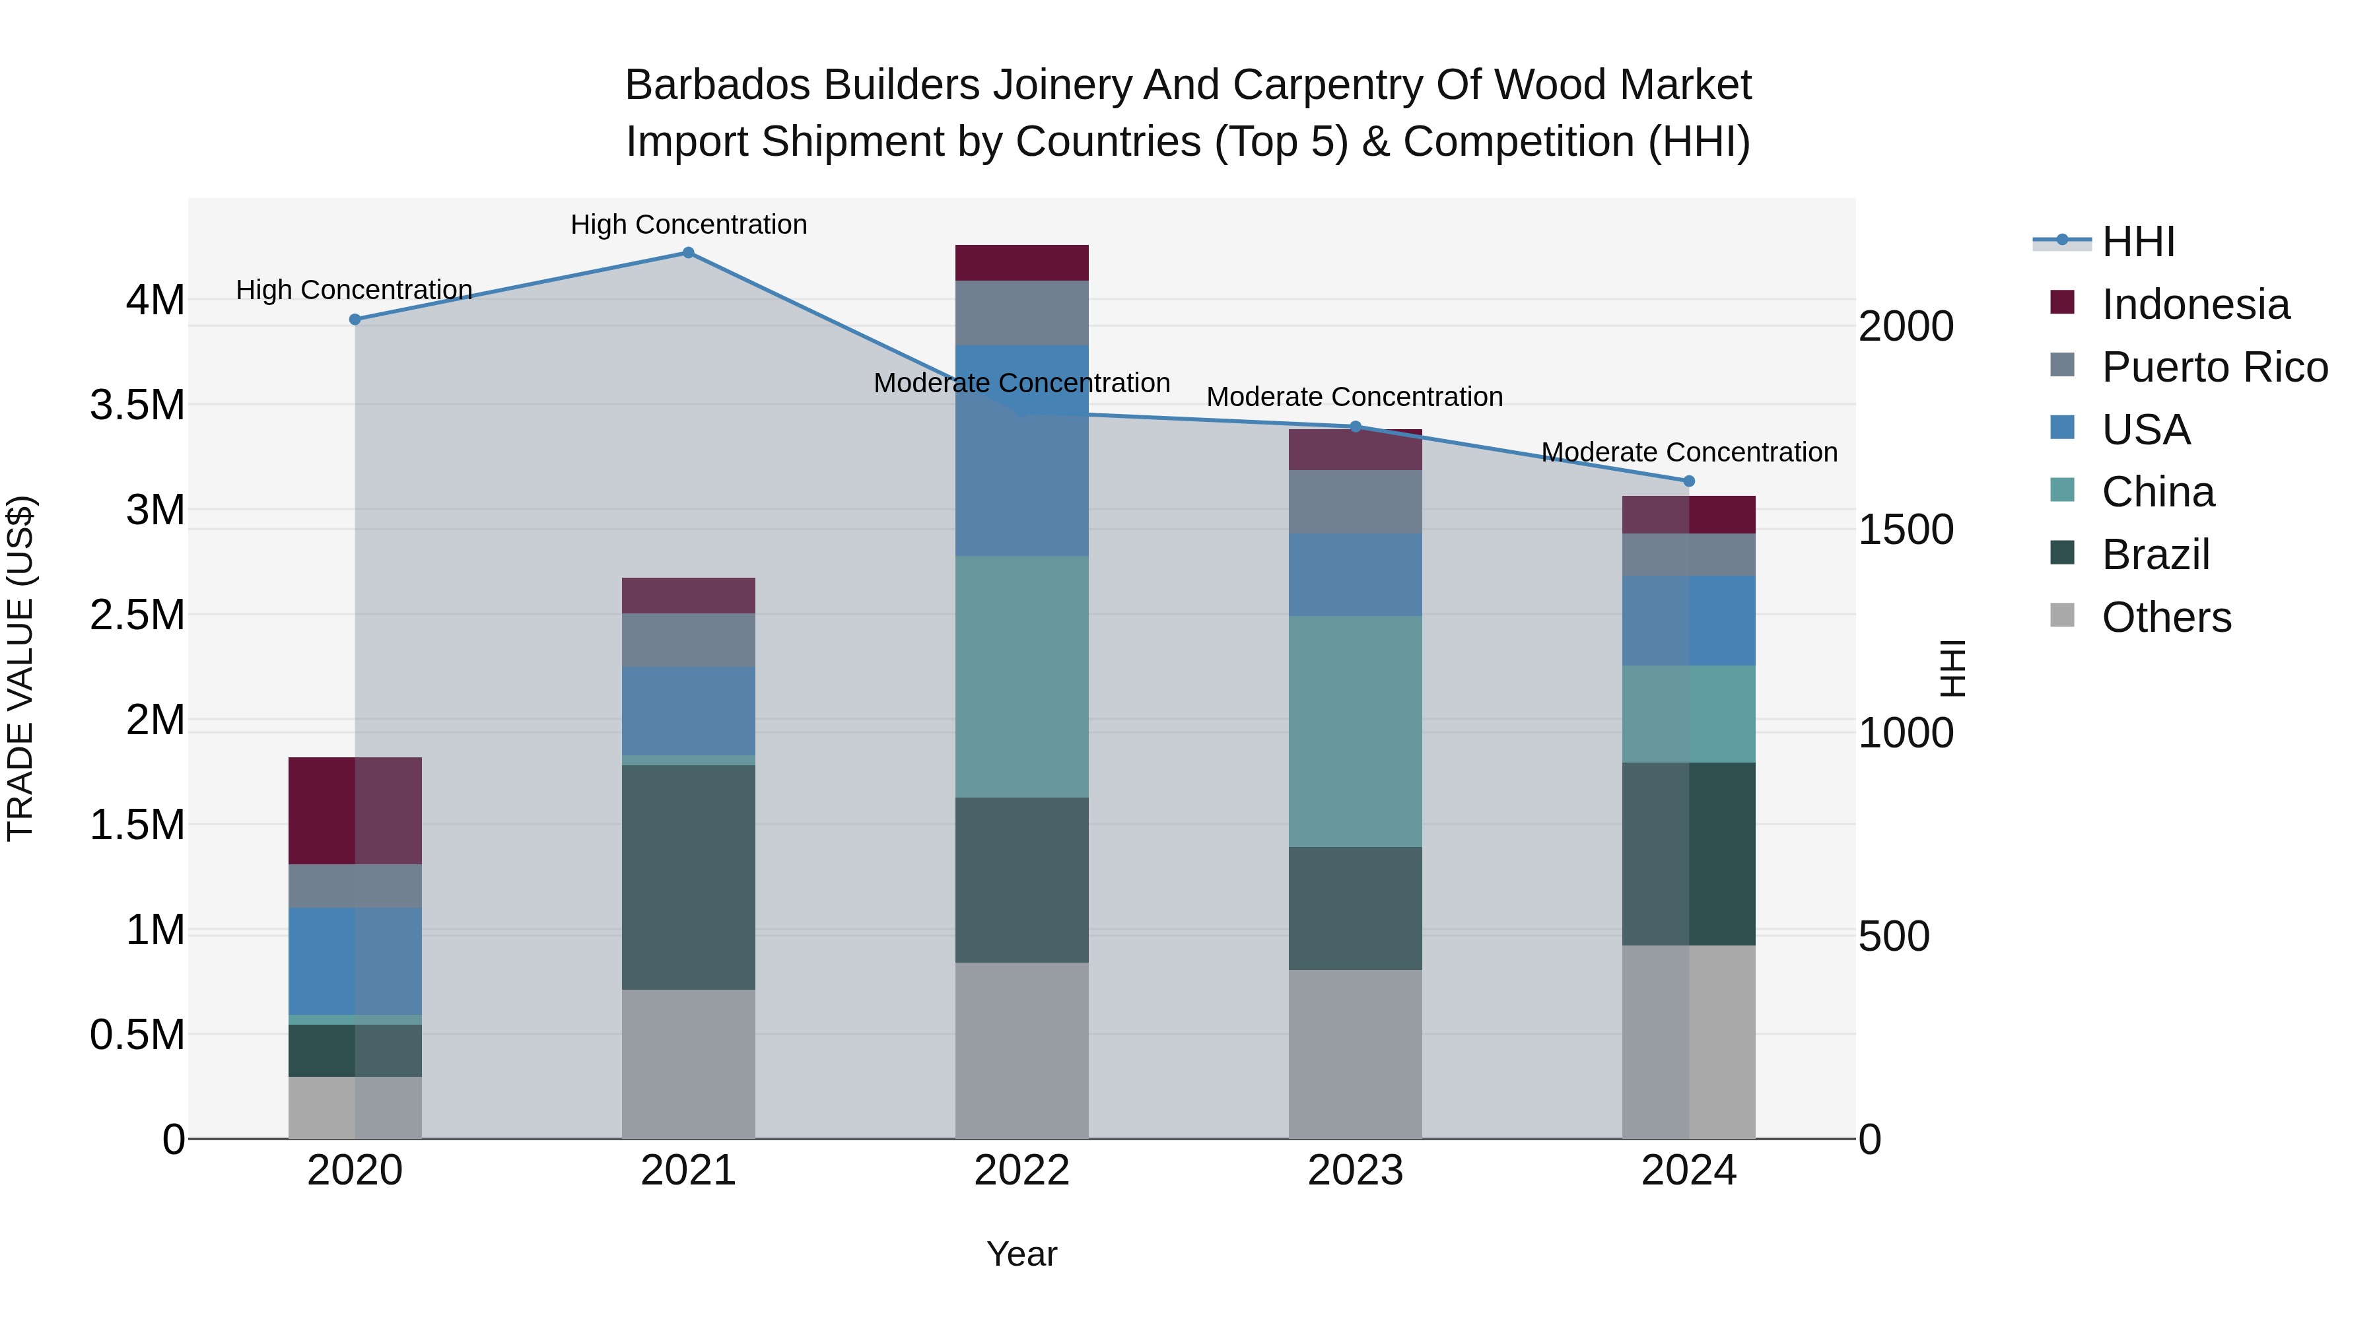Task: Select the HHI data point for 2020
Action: [x=355, y=320]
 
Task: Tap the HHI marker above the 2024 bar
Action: [x=1688, y=481]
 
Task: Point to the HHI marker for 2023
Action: [x=1356, y=427]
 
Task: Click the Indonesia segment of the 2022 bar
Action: [x=1021, y=263]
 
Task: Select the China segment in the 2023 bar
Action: [x=1355, y=731]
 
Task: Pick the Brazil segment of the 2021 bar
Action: [x=689, y=877]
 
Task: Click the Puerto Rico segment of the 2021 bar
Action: [x=689, y=640]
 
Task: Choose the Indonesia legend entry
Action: [x=2195, y=304]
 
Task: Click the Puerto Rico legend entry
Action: [x=2215, y=367]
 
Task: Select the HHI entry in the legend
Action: [x=2138, y=242]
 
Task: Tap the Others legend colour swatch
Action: [x=2062, y=615]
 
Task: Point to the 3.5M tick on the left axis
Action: [x=137, y=405]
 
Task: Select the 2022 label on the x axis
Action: [x=1021, y=1171]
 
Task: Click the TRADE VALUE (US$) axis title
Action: [x=20, y=668]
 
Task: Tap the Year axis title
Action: [x=1021, y=1254]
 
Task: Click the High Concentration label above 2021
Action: [x=689, y=224]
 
